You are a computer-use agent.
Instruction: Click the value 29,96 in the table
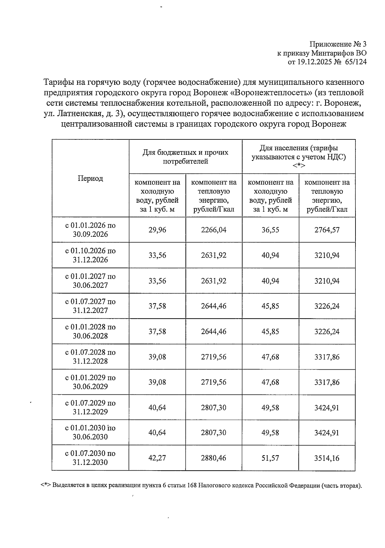coord(157,230)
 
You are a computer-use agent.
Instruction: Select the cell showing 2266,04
coord(214,230)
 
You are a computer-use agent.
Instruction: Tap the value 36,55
coord(270,230)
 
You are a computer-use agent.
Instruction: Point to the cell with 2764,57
coord(327,230)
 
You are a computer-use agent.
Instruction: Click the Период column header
coord(90,179)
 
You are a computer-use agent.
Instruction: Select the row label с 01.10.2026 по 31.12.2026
coord(90,255)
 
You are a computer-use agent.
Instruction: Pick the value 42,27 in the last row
coord(157,458)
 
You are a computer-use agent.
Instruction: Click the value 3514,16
coord(327,458)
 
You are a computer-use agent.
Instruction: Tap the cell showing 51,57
coord(270,458)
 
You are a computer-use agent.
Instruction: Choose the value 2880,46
coord(214,458)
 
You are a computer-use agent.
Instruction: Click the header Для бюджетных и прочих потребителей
coord(185,157)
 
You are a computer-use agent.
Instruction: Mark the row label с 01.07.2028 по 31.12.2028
coord(90,357)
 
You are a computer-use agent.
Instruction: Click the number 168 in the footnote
coord(192,485)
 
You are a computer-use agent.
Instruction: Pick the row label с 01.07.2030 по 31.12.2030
coord(90,458)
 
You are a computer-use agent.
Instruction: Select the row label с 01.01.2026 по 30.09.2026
coord(90,230)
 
